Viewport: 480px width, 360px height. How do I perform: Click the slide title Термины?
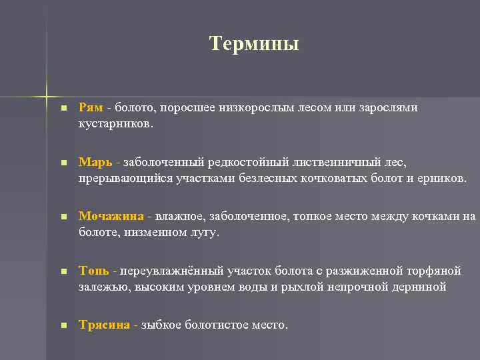(x=254, y=44)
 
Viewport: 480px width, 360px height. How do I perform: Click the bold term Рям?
(x=91, y=107)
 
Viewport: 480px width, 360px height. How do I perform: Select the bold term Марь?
(x=94, y=162)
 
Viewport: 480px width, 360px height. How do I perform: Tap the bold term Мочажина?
(x=111, y=216)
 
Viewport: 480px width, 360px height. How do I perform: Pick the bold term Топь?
(x=93, y=271)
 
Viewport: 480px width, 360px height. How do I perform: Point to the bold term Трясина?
(x=105, y=325)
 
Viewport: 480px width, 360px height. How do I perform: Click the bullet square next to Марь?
(x=63, y=163)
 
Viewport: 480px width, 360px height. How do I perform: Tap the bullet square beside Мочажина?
(x=63, y=217)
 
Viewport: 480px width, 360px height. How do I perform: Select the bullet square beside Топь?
(x=63, y=271)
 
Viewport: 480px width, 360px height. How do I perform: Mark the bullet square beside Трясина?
(x=63, y=325)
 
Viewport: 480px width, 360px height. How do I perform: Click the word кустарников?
(x=115, y=124)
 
